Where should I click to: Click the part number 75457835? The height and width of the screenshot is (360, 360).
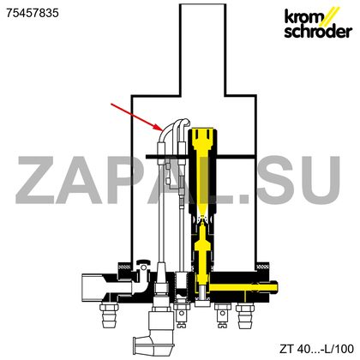33,13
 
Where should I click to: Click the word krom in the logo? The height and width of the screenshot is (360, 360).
303,17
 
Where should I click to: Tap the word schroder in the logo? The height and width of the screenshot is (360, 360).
318,32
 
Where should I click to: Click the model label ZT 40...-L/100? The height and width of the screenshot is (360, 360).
316,349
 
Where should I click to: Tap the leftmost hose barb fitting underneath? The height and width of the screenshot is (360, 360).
109,316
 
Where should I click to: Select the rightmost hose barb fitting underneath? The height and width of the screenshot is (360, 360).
245,316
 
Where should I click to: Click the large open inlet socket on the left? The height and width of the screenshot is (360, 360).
92,288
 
